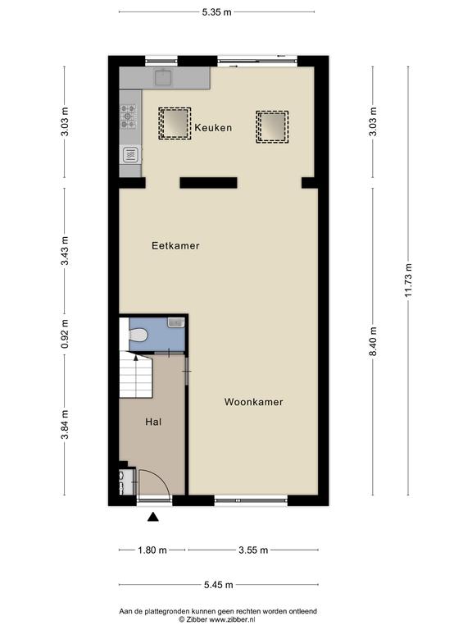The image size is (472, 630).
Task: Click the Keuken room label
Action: [x=213, y=128]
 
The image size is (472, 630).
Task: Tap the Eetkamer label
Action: [x=175, y=245]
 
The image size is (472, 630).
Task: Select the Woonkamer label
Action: [x=254, y=402]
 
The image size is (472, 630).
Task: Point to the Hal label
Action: [x=153, y=422]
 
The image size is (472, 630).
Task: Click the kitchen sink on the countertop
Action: [x=163, y=78]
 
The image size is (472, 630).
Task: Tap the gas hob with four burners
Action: [x=129, y=116]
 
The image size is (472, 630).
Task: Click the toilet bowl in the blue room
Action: [x=138, y=335]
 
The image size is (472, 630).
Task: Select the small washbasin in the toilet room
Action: [x=176, y=322]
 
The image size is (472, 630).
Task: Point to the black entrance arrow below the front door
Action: [x=153, y=517]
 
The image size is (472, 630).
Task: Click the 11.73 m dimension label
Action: [x=408, y=281]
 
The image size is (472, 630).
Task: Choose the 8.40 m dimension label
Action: [x=373, y=341]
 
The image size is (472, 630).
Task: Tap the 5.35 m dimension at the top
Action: [x=216, y=12]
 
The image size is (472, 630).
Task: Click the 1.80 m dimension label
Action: [x=152, y=550]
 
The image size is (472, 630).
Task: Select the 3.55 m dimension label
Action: [x=253, y=550]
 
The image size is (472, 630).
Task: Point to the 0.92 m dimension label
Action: [x=65, y=334]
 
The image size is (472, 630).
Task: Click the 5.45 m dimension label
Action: [x=218, y=585]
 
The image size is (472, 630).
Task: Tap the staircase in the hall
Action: [x=136, y=374]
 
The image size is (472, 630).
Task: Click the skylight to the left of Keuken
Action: [x=175, y=123]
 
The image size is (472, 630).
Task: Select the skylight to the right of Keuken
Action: [x=272, y=126]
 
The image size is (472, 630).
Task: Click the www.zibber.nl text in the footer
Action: [x=232, y=619]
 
